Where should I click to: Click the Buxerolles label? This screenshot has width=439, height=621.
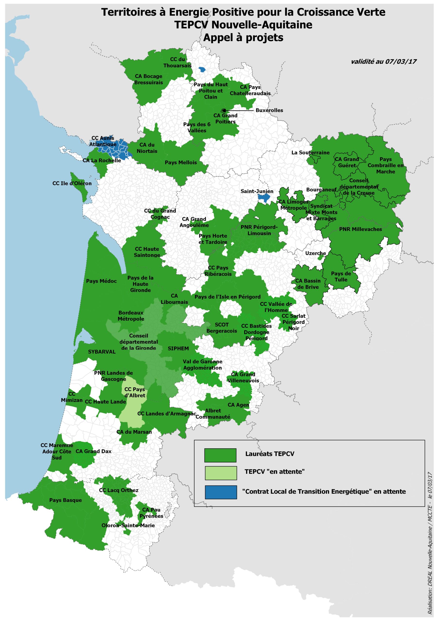pyautogui.click(x=269, y=110)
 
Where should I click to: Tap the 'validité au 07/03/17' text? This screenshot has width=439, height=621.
pyautogui.click(x=383, y=62)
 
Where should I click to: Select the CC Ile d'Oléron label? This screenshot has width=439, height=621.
pyautogui.click(x=72, y=183)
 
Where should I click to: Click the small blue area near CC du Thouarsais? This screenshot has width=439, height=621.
pyautogui.click(x=202, y=70)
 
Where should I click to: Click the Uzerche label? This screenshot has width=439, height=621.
pyautogui.click(x=315, y=253)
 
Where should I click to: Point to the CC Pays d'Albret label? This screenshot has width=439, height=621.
pyautogui.click(x=135, y=392)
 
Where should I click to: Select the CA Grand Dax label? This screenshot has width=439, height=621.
pyautogui.click(x=93, y=451)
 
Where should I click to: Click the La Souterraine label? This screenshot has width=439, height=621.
pyautogui.click(x=310, y=153)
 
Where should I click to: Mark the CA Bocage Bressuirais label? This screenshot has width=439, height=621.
pyautogui.click(x=148, y=79)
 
